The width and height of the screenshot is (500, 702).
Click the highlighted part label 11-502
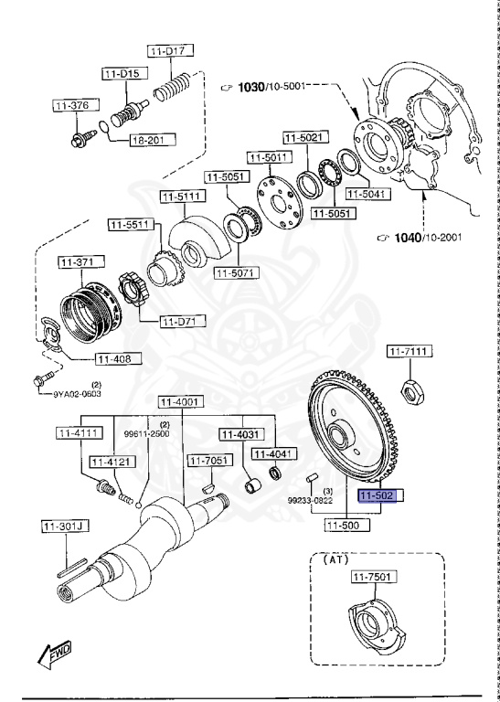377,495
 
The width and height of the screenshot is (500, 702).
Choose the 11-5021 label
303,138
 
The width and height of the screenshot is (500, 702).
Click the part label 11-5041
370,194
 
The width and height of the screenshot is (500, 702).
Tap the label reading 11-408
115,359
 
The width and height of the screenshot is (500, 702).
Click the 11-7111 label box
410,351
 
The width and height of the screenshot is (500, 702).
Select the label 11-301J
62,526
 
